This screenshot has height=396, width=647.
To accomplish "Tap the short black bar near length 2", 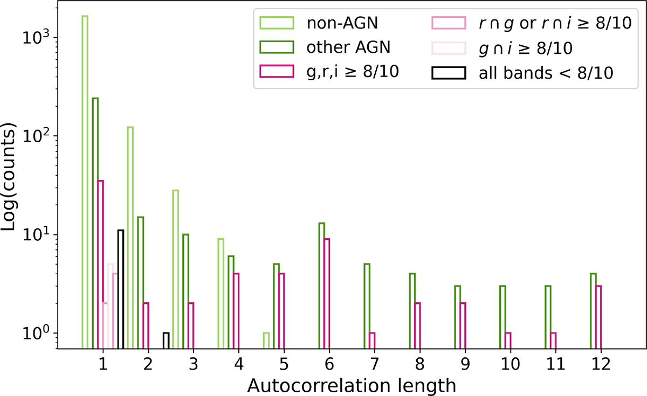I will [166, 341].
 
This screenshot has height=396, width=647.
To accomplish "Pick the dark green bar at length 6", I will [321, 286].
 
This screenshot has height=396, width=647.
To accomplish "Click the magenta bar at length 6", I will [327, 294].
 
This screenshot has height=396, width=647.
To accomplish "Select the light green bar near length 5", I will [266, 341].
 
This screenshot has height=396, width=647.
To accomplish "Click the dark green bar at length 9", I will [457, 317].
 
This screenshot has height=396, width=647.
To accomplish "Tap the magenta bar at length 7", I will [372, 341].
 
